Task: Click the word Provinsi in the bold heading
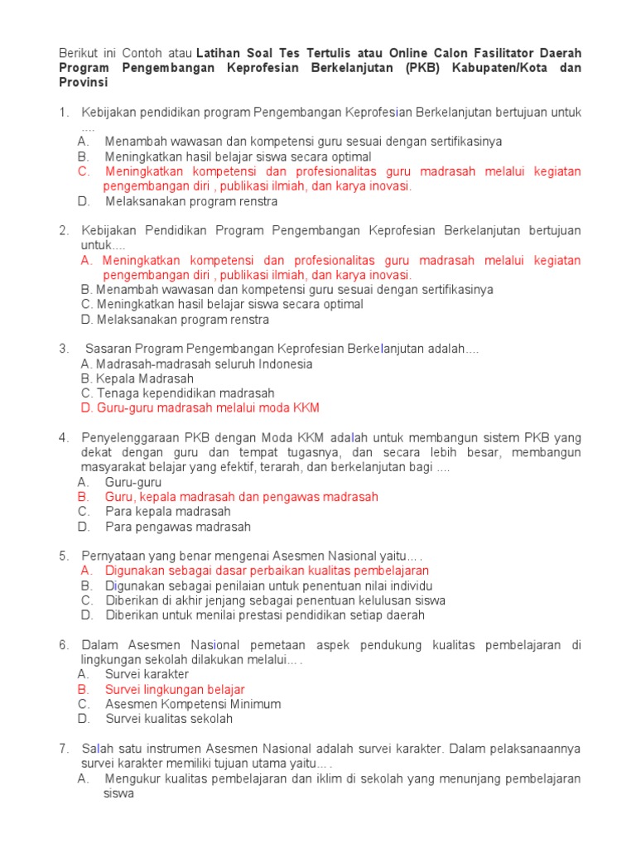coord(83,84)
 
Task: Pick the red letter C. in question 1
coord(84,171)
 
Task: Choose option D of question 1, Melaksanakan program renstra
coord(190,201)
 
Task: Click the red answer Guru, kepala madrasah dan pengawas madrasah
coord(241,497)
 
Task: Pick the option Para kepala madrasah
coord(168,512)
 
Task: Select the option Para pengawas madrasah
coord(177,527)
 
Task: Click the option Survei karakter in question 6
coord(147,674)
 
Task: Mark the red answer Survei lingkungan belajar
coord(175,689)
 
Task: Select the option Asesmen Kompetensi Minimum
coord(193,704)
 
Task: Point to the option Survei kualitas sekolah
coord(169,719)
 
